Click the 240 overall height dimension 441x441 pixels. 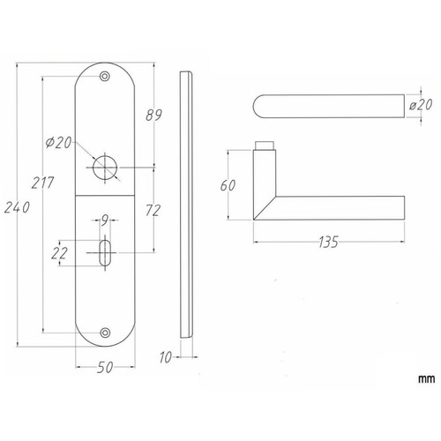pyautogui.click(x=17, y=207)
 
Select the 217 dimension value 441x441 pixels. pyautogui.click(x=43, y=183)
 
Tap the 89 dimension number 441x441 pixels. pyautogui.click(x=153, y=115)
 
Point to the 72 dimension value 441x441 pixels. pyautogui.click(x=153, y=211)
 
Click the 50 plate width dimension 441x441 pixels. pyautogui.click(x=105, y=367)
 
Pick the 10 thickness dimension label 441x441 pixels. pyautogui.click(x=166, y=357)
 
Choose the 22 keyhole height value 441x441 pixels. pyautogui.click(x=59, y=253)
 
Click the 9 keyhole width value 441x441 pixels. pyautogui.click(x=105, y=220)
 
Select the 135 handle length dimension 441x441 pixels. pyautogui.click(x=329, y=242)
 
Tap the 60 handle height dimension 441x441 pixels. pyautogui.click(x=228, y=185)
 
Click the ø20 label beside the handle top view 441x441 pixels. pyautogui.click(x=421, y=105)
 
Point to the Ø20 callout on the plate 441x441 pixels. pyautogui.click(x=59, y=143)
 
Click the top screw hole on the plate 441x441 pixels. pyautogui.click(x=105, y=77)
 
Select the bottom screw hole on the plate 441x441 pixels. pyautogui.click(x=105, y=333)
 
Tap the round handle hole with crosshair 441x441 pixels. pyautogui.click(x=105, y=168)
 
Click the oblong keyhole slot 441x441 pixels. pyautogui.click(x=105, y=253)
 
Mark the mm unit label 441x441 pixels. pyautogui.click(x=426, y=379)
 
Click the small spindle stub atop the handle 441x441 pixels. pyautogui.click(x=265, y=146)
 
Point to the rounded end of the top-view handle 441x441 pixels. pyautogui.click(x=258, y=106)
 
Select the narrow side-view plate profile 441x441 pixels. pyautogui.click(x=186, y=205)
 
